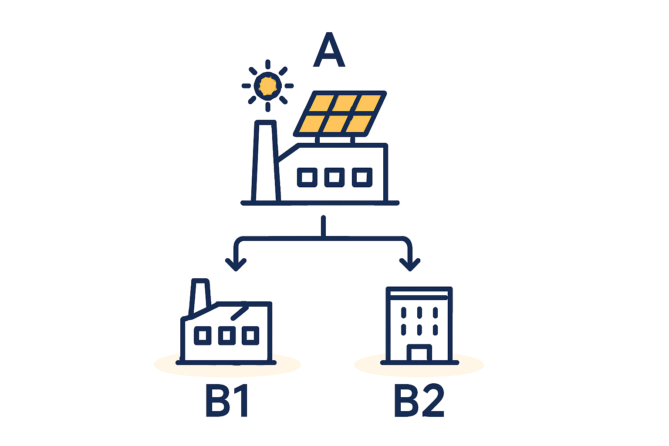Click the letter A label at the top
(329, 50)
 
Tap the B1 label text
(226, 401)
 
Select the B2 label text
(419, 401)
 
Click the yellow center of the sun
(267, 86)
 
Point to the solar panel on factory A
(340, 114)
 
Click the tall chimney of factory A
(266, 161)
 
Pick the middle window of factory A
(334, 177)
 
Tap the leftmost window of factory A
(307, 177)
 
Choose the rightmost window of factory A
(362, 177)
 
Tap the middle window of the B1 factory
(226, 335)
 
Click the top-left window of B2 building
(404, 312)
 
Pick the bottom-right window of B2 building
(435, 330)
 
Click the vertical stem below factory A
(324, 226)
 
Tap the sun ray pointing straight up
(268, 64)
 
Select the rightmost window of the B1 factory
(250, 335)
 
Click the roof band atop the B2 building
(419, 294)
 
